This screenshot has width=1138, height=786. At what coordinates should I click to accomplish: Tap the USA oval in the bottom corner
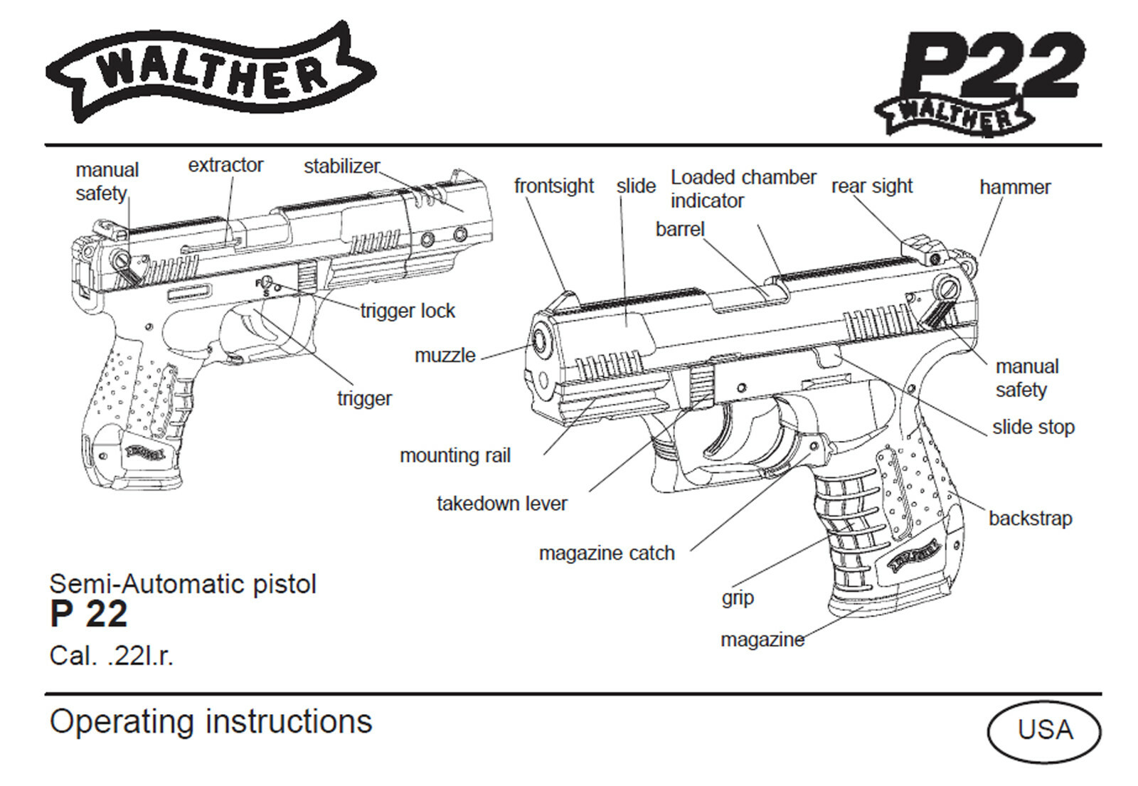click(1043, 731)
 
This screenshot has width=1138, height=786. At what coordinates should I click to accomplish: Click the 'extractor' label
click(225, 165)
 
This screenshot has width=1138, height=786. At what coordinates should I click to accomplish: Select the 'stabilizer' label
click(341, 166)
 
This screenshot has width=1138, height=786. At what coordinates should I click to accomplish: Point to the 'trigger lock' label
click(408, 311)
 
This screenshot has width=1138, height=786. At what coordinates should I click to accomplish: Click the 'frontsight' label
click(553, 186)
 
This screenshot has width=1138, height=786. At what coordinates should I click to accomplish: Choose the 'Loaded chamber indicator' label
click(743, 188)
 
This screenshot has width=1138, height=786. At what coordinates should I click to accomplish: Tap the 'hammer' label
click(1014, 187)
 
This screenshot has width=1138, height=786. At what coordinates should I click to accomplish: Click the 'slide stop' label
click(1033, 427)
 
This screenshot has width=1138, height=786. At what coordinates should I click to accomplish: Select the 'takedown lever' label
click(501, 504)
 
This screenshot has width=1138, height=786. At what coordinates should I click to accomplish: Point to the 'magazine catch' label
click(606, 553)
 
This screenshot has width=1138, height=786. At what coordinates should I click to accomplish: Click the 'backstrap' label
click(1030, 519)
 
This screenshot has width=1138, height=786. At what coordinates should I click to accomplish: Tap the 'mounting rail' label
click(455, 456)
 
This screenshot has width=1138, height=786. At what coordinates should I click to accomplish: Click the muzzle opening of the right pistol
click(541, 344)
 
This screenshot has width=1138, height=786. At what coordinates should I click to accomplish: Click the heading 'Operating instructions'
click(211, 721)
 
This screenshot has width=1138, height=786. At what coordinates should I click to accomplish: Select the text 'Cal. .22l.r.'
click(111, 656)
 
